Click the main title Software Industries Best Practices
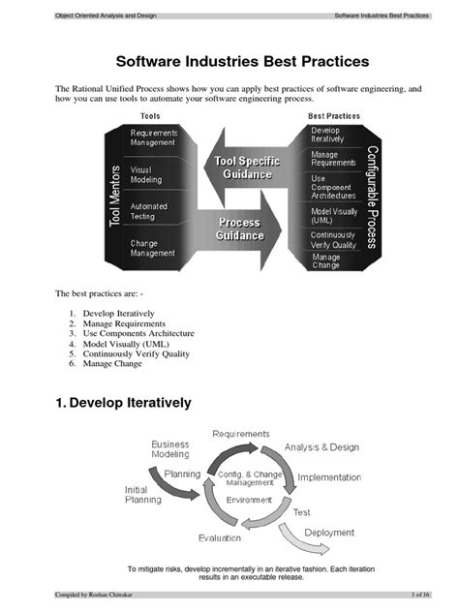[229, 62]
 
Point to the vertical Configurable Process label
[371, 198]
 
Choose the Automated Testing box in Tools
[149, 211]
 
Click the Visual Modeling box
[147, 174]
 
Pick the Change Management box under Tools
[152, 248]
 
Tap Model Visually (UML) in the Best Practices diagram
[334, 215]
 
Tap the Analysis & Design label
[321, 446]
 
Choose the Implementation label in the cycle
[329, 477]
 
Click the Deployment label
[329, 533]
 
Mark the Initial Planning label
[143, 495]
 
